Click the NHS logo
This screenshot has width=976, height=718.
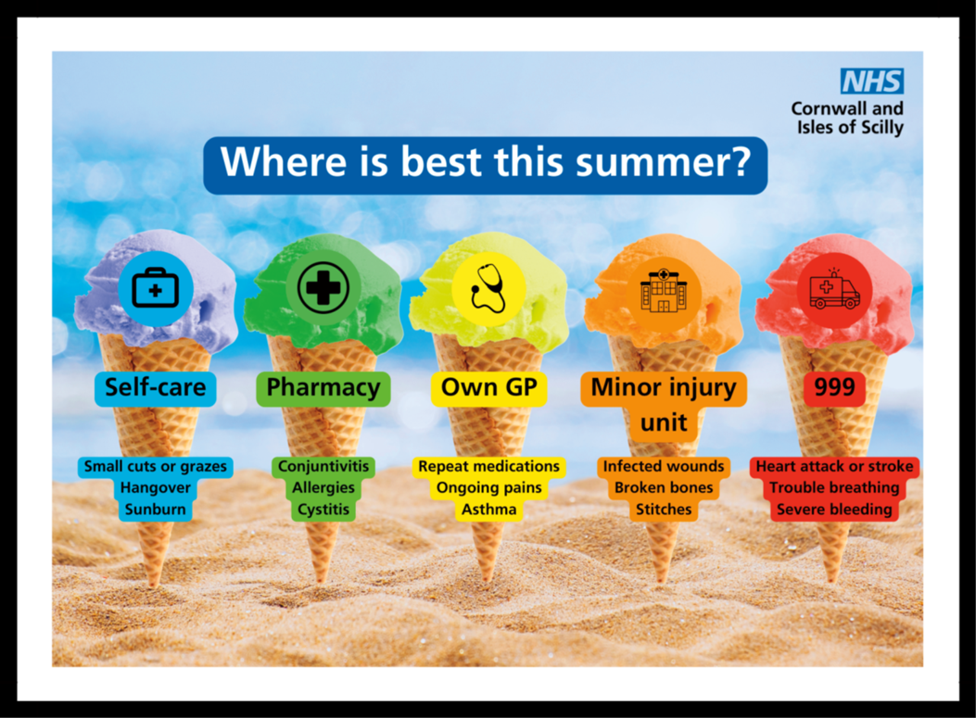point(872,81)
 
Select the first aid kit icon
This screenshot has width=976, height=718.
point(156,288)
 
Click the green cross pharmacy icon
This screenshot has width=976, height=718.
point(323,288)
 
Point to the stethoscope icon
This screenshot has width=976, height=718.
point(488,288)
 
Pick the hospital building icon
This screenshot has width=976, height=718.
point(664,290)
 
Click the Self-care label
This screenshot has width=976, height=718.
point(156,388)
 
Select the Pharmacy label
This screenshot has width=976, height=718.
point(323,388)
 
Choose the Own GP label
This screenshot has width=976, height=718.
point(489,388)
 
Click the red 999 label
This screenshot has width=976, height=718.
point(834,388)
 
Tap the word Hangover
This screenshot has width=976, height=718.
point(156,488)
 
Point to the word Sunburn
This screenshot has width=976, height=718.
point(156,510)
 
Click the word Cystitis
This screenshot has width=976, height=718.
point(323,510)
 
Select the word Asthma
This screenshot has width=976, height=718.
point(489,510)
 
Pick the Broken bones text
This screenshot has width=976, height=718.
point(664,488)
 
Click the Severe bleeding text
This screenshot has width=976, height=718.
point(834,510)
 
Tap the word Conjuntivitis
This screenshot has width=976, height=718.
point(323,467)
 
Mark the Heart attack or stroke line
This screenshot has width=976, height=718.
point(835,467)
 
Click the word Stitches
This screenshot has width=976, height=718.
point(664,510)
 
